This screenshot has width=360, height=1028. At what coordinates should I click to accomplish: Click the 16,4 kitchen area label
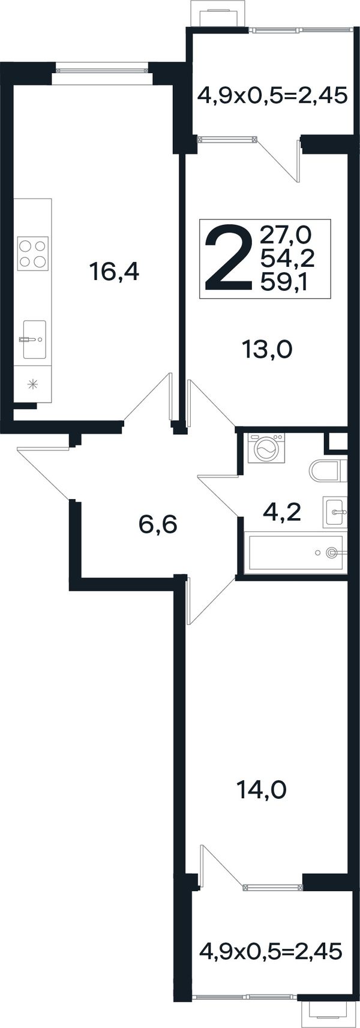pos(114,271)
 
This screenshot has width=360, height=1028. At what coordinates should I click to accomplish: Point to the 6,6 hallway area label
pos(157,524)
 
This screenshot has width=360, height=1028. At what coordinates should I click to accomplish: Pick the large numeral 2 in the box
pos(229,258)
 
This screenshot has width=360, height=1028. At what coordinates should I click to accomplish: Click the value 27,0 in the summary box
pos(286,236)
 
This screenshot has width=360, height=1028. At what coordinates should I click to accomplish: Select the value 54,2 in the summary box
pos(287,259)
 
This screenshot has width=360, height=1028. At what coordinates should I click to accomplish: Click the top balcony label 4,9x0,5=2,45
pos(272,97)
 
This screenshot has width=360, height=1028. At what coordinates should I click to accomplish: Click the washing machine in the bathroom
pos(266,449)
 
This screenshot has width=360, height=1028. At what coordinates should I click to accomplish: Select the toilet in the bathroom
pos(328,470)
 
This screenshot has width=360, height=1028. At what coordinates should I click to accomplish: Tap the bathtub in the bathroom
pos(295,552)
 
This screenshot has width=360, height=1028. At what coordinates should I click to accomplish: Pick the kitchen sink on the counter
pos(34,339)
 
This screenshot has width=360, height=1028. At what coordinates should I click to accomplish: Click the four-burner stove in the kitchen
pos(32,253)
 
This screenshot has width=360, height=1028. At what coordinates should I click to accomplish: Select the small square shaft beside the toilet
pos(336,443)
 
